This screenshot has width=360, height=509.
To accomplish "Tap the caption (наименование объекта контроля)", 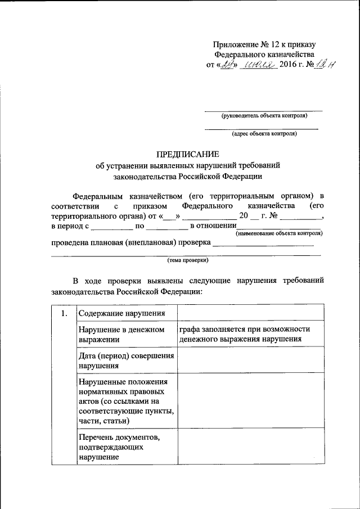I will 279,232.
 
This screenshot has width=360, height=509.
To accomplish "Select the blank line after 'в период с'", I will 110,227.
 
